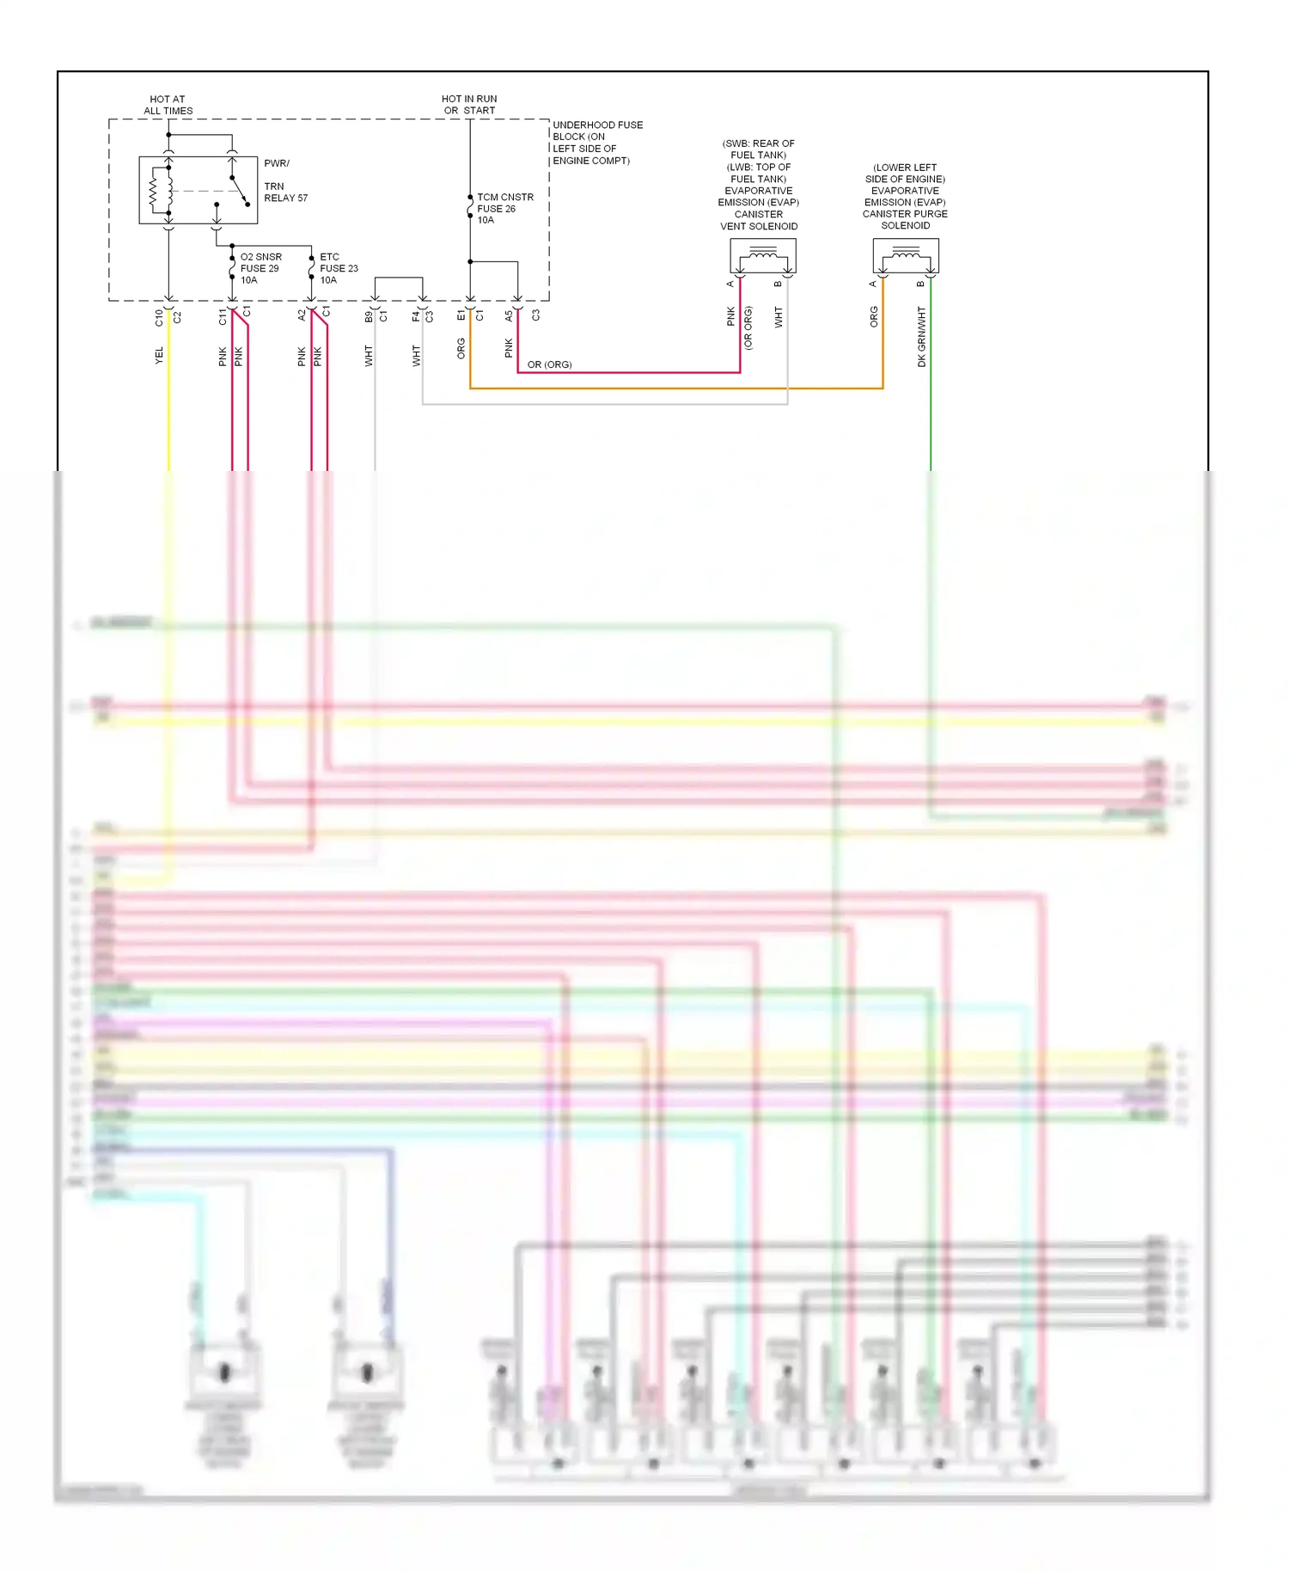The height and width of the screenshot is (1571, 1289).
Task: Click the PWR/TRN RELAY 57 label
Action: point(284,180)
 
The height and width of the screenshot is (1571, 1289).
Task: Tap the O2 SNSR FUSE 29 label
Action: point(260,268)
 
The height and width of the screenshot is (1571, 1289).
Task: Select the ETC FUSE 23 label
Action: point(338,268)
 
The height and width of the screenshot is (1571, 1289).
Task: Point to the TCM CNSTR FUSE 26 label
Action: point(504,209)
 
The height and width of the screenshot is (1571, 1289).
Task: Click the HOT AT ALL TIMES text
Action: point(168,105)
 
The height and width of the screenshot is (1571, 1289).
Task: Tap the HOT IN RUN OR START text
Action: point(469,105)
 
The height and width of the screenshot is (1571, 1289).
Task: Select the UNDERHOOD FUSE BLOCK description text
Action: point(596,143)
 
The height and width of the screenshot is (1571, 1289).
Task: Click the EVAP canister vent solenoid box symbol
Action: point(762,255)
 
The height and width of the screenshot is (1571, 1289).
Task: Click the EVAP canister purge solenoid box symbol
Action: point(905,255)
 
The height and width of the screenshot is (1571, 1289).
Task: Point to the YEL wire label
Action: point(159,355)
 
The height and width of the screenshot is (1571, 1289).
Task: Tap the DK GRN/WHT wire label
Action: point(921,337)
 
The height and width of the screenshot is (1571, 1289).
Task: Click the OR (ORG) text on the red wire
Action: point(549,364)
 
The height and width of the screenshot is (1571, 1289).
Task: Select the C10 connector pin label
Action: point(159,317)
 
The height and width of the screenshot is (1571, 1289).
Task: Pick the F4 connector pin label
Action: point(416,316)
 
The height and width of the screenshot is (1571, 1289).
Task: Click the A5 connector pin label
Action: point(509,316)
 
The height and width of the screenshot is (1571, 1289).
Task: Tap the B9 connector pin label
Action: point(369,316)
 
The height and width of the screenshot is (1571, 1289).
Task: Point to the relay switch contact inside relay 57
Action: point(239,191)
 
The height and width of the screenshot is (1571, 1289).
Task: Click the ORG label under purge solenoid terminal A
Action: point(874,316)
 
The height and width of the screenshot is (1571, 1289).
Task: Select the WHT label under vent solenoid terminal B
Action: point(779,317)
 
